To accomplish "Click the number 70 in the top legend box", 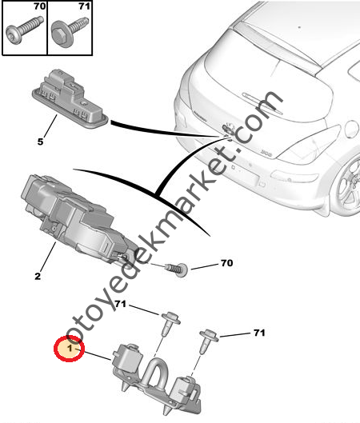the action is coord(40,6).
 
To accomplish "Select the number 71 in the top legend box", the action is coord(84,6).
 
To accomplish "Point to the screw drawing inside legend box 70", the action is coord(24,30).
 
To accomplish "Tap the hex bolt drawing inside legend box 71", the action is coord(69,32).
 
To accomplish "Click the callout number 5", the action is coord(40,142).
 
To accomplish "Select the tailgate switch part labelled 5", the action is coord(70,100).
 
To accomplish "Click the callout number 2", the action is coord(38,276).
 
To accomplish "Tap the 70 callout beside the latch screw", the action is coord(226,263).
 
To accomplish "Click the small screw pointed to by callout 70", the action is coord(177,269).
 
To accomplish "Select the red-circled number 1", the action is coord(70,349).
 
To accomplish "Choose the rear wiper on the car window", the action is coord(262,102).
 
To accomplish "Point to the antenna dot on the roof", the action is coord(299,27).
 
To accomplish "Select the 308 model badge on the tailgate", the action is coord(266,153).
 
